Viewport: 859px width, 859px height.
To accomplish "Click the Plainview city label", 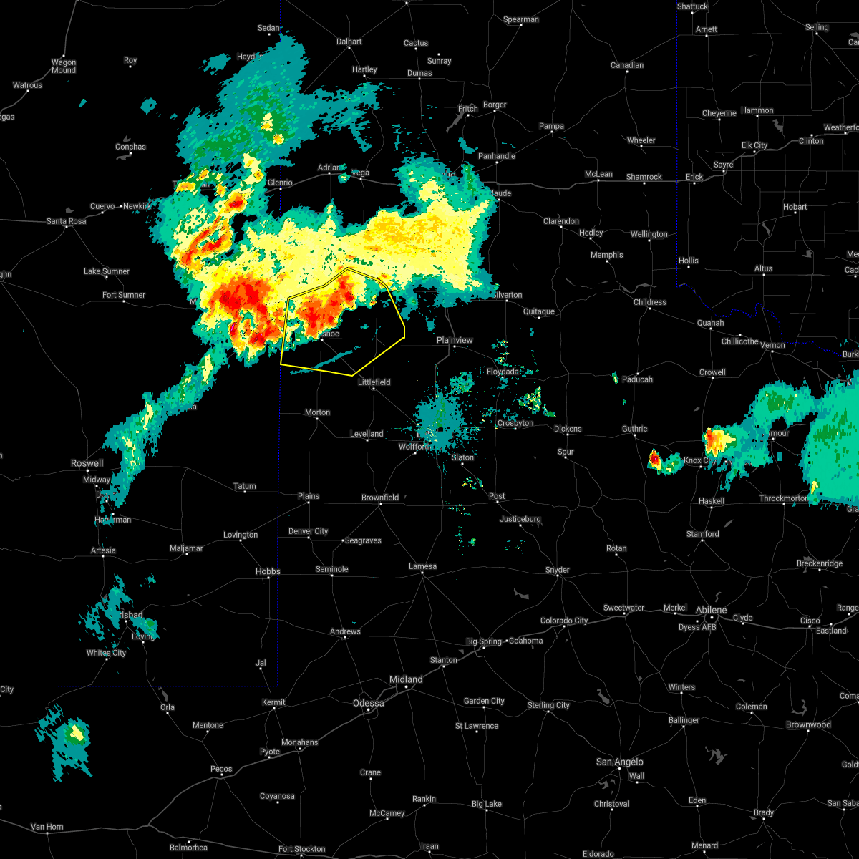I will click(x=455, y=340).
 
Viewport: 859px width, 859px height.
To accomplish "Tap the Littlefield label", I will click(x=374, y=382).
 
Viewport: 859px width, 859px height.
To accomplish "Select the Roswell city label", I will click(x=87, y=463).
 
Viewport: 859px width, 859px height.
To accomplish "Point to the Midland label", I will click(x=406, y=679).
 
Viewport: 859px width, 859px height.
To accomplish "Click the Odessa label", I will click(x=368, y=703).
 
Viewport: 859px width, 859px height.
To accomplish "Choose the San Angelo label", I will click(x=620, y=762).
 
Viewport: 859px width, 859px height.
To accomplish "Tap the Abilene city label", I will click(x=712, y=610).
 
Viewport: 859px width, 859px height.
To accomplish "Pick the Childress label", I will click(x=650, y=302).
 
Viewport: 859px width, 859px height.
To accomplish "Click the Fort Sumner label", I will click(x=123, y=295).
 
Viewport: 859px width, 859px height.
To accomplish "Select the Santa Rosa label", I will click(x=66, y=221).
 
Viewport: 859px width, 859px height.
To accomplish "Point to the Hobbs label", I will click(x=268, y=571).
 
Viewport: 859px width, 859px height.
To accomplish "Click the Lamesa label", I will click(x=422, y=566).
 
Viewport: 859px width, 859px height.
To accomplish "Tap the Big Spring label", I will click(x=485, y=641).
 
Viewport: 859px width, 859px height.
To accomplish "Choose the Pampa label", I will click(x=551, y=126).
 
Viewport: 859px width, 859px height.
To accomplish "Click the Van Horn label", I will click(x=47, y=827).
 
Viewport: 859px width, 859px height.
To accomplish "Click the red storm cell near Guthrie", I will click(x=654, y=458).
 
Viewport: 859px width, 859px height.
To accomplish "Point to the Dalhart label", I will click(x=349, y=42).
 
